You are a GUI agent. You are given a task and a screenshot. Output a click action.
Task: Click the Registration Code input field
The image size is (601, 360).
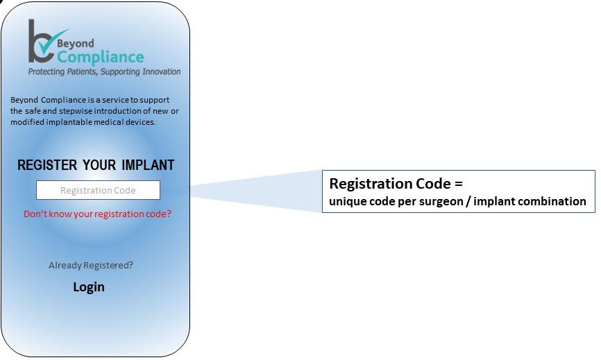coord(98,190)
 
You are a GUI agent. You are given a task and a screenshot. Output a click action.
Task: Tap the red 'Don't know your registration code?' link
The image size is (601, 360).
coord(97,214)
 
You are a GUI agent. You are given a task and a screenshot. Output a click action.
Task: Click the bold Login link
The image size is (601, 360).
coord(89,287)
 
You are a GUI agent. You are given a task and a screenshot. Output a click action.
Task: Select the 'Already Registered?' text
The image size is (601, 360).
coord(91,265)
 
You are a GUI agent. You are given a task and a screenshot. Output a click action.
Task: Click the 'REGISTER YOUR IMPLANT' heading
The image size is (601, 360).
coord(96,165)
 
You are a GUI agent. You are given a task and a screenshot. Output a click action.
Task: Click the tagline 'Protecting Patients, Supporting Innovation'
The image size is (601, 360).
coord(104,71)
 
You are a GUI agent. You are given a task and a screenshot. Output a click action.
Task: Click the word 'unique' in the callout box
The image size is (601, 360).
coord(347,202)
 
